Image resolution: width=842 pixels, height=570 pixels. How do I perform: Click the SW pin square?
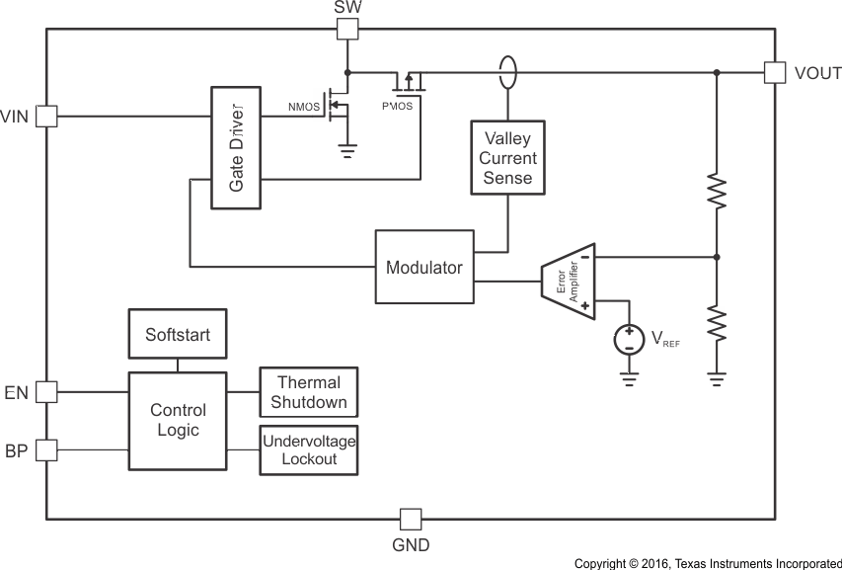pyautogui.click(x=346, y=29)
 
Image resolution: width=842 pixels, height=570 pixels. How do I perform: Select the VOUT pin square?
pyautogui.click(x=775, y=72)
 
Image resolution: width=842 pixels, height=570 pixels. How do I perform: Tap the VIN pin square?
pyautogui.click(x=46, y=116)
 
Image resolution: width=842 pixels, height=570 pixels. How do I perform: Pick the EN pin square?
pyautogui.click(x=46, y=392)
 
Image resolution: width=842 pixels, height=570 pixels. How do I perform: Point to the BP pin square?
pyautogui.click(x=46, y=450)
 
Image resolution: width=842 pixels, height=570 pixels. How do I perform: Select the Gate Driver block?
pyautogui.click(x=235, y=147)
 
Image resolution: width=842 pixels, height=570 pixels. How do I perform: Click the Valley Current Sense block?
pyautogui.click(x=507, y=157)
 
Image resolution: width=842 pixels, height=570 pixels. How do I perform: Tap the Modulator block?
pyautogui.click(x=424, y=267)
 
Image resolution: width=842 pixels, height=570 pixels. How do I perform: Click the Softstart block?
pyautogui.click(x=178, y=335)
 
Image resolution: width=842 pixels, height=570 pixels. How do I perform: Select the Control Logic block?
pyautogui.click(x=178, y=420)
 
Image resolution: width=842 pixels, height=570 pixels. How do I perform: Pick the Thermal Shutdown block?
pyautogui.click(x=308, y=392)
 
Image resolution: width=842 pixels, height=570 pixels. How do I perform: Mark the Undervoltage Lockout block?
pyautogui.click(x=308, y=449)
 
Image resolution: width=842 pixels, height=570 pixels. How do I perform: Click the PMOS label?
pyautogui.click(x=398, y=106)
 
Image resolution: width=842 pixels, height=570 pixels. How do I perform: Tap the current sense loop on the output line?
pyautogui.click(x=507, y=72)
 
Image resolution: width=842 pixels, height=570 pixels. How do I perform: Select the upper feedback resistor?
pyautogui.click(x=717, y=193)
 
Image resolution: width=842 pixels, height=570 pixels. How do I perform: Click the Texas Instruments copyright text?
pyautogui.click(x=707, y=563)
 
